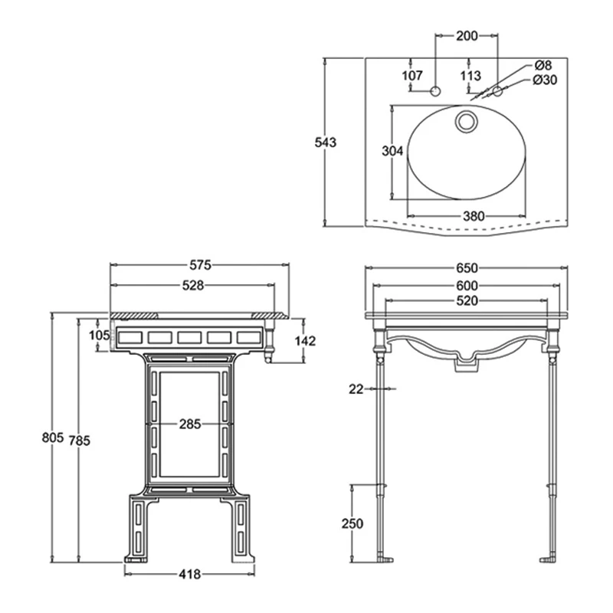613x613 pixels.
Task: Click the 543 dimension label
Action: pos(326,142)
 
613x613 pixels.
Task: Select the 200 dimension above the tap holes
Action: pos(467,35)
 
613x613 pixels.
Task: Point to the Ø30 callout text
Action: pos(545,80)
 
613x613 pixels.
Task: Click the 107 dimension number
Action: pos(412,75)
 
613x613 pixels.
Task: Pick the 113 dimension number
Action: pos(470,75)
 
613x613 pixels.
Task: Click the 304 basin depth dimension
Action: pos(392,151)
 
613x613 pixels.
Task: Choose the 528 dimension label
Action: pos(192,285)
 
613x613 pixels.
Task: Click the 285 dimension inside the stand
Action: pos(192,423)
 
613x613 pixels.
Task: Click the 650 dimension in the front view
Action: pos(467,267)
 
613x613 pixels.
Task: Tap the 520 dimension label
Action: pos(467,301)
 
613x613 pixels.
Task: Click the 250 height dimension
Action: pos(352,523)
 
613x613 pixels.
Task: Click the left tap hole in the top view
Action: pos(436,92)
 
